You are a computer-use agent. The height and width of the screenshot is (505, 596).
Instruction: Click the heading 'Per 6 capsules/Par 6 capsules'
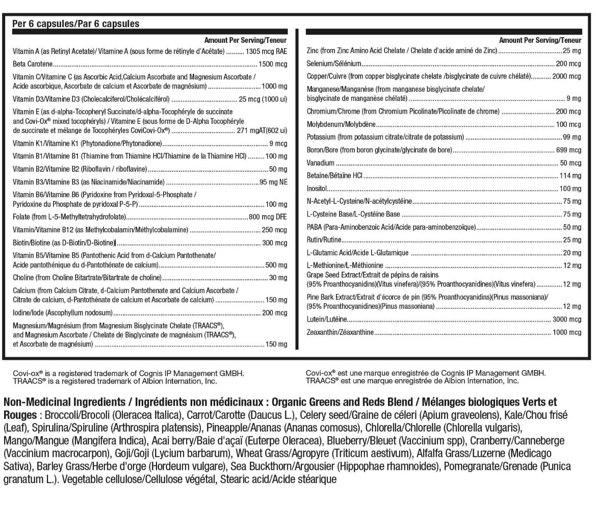click(x=75, y=24)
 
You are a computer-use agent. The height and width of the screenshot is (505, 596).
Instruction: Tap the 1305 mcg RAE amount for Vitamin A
click(x=266, y=51)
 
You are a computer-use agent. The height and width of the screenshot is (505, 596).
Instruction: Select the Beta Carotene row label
click(x=33, y=65)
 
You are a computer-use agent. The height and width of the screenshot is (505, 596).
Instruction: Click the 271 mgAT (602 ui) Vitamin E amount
click(x=258, y=130)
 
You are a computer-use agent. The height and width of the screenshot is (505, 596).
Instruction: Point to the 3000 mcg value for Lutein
click(x=566, y=320)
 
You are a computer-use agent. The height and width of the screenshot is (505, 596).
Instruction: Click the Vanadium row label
click(x=320, y=163)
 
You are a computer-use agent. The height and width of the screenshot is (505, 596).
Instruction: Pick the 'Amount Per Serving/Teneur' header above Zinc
click(x=540, y=40)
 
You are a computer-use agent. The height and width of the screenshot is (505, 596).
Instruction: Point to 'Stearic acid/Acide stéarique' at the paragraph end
click(x=278, y=480)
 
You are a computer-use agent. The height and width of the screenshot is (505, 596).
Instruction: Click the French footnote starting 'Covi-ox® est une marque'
click(x=425, y=373)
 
